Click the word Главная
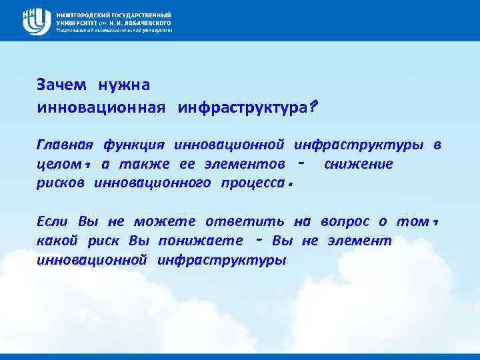point(65,145)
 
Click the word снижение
point(358,164)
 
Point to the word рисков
point(61,183)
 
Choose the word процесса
point(255,183)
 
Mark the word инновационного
point(153,183)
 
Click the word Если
point(53,221)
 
